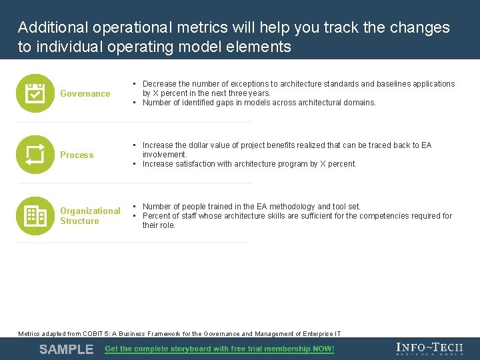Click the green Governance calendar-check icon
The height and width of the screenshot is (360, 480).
35,93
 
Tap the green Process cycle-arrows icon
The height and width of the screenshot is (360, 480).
35,155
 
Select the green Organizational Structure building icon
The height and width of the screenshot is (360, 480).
35,215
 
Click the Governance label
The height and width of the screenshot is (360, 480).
85,94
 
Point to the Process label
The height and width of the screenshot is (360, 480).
77,155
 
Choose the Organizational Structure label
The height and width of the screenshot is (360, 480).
90,216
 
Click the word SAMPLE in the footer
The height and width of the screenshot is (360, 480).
66,349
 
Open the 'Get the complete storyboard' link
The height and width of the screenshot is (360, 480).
219,349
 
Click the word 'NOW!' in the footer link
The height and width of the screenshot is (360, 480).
323,349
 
